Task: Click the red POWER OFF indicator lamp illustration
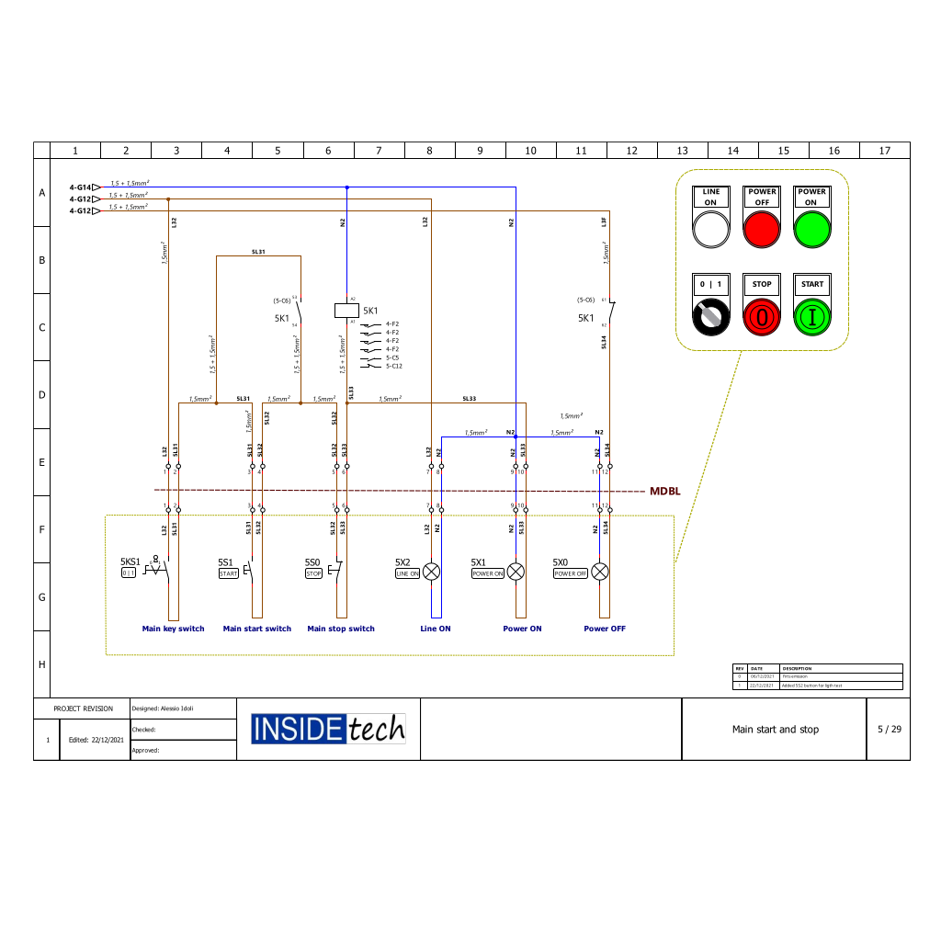click(761, 230)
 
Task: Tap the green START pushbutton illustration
click(812, 317)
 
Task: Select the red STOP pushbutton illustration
click(762, 317)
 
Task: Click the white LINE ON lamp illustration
click(710, 230)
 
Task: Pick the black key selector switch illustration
click(710, 317)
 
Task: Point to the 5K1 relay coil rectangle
click(346, 311)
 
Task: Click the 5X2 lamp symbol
click(431, 572)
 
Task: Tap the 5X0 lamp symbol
click(599, 572)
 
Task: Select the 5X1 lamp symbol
click(516, 572)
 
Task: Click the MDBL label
click(665, 492)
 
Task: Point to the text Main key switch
click(173, 629)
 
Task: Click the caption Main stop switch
click(341, 629)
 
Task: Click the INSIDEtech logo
click(328, 729)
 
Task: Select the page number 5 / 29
click(889, 729)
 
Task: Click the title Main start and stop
click(775, 730)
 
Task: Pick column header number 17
click(884, 151)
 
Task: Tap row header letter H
click(41, 663)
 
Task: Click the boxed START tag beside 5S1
click(228, 573)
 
